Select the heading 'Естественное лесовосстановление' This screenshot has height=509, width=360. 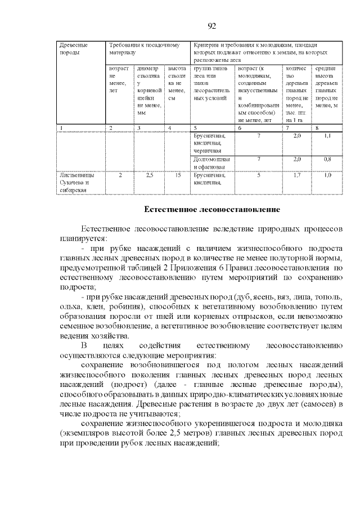click(x=212, y=209)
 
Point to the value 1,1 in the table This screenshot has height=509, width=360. click(x=327, y=136)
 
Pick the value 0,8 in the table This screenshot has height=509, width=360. click(x=327, y=159)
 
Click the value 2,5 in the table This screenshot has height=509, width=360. click(x=149, y=175)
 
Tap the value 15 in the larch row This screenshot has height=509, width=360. click(x=178, y=175)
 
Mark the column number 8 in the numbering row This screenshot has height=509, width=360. click(x=317, y=128)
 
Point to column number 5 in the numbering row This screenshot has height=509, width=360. click(x=195, y=128)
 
